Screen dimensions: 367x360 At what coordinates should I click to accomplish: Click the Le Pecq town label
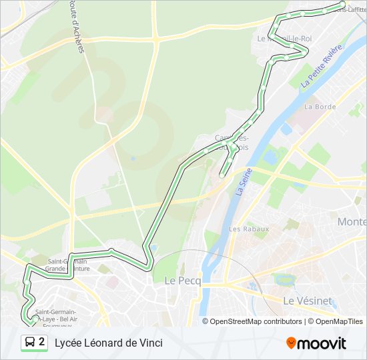(179, 281)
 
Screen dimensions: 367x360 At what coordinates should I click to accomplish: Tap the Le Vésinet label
(308, 301)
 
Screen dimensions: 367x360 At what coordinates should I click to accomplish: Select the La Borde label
(320, 107)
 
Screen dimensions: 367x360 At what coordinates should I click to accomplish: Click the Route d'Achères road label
(75, 27)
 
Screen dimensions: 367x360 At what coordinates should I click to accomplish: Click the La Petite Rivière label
(321, 66)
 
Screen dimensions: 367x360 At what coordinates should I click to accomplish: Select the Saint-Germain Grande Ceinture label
(67, 265)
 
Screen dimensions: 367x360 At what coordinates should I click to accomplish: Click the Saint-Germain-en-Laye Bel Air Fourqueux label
(55, 317)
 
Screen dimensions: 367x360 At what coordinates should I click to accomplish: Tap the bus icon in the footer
(30, 343)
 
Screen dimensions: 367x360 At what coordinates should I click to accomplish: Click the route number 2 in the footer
(42, 342)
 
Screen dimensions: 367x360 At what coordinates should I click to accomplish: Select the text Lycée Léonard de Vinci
(108, 343)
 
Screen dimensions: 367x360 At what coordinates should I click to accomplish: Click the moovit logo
(316, 343)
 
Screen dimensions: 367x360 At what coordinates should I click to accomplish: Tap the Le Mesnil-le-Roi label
(285, 39)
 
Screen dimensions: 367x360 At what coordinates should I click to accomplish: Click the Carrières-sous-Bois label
(231, 142)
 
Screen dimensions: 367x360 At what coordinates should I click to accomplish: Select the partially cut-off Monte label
(352, 221)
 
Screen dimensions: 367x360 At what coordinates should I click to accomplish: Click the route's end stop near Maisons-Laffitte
(342, 5)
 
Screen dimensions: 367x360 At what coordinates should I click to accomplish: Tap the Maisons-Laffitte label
(352, 9)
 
